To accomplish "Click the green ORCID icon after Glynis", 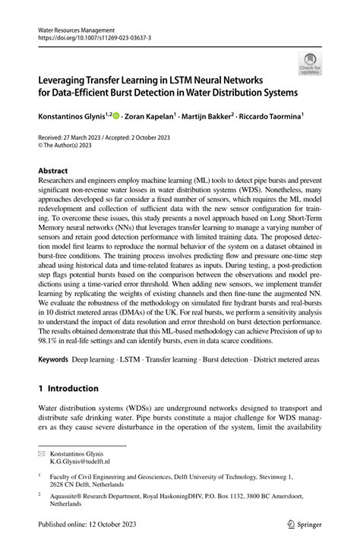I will tap(116, 115).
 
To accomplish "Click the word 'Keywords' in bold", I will tap(56, 357).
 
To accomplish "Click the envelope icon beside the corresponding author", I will tap(43, 453).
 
